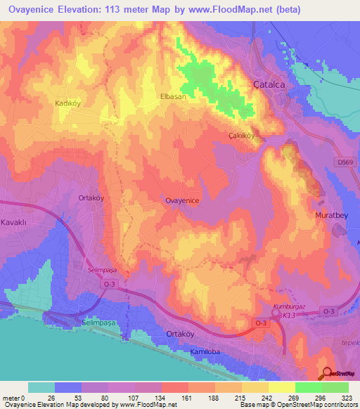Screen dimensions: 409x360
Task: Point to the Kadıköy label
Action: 68,103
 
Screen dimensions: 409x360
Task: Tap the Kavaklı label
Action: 13,223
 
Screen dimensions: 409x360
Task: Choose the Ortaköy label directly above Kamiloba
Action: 179,334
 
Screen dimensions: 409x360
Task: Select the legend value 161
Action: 186,398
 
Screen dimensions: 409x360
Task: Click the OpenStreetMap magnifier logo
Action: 328,374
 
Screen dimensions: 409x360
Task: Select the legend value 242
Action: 266,398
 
